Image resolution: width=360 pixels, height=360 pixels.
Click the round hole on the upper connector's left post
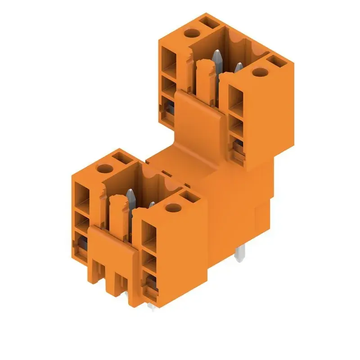pos(191,33)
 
